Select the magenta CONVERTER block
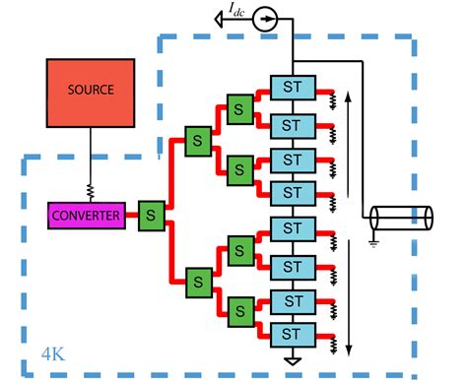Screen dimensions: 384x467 pyautogui.click(x=87, y=215)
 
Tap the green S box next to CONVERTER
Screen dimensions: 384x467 pyautogui.click(x=152, y=214)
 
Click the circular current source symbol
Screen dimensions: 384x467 pyautogui.click(x=263, y=17)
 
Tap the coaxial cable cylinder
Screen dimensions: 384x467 pyautogui.click(x=402, y=218)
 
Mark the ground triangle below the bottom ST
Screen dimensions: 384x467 pyautogui.click(x=291, y=361)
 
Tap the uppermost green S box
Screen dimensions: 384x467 pyautogui.click(x=237, y=105)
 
